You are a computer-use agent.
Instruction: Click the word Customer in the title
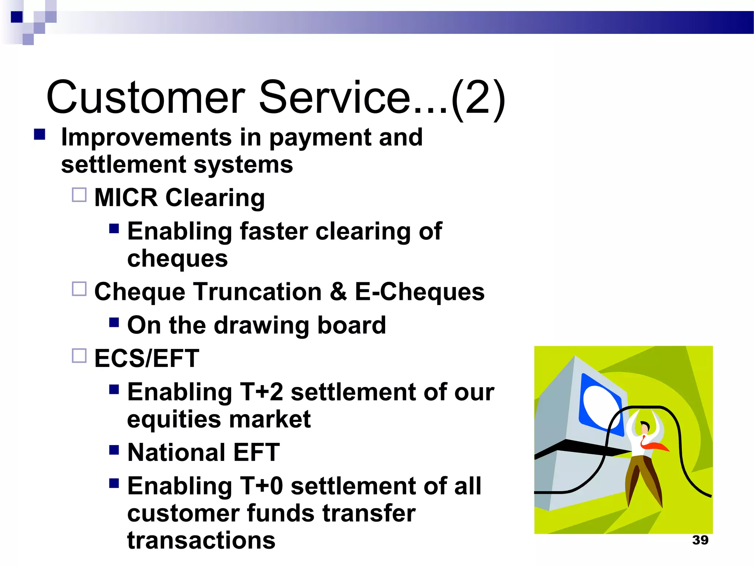click(145, 98)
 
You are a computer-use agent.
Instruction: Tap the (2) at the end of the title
click(478, 99)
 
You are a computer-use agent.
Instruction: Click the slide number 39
click(700, 540)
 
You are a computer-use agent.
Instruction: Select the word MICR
click(126, 198)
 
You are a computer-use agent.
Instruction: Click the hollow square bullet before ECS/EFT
click(79, 356)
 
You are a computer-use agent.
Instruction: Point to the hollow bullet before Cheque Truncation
click(79, 289)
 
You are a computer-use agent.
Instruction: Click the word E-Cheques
click(419, 292)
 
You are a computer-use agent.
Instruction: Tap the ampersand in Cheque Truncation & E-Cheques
click(338, 292)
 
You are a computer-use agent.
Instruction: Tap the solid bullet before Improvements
click(39, 134)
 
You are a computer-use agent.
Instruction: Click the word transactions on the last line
click(201, 541)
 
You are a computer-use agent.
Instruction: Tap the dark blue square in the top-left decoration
click(17, 17)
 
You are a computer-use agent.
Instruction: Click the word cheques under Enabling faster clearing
click(177, 259)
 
